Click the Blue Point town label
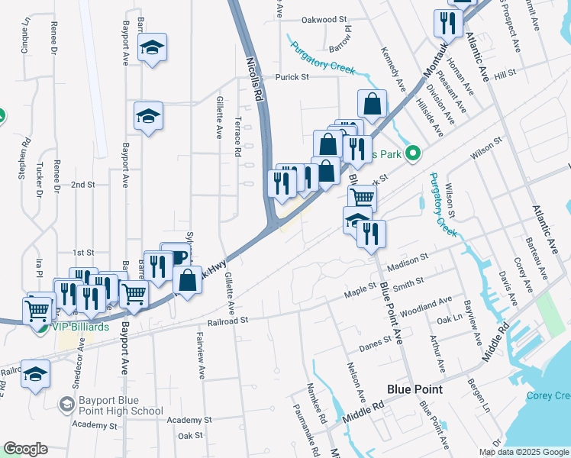coord(415,389)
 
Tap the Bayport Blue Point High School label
coord(122,405)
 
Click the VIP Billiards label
coord(80,327)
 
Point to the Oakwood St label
coord(324,19)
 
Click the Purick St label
coord(292,76)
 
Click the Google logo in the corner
coord(25,449)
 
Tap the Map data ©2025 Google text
coord(523,452)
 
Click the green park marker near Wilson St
coord(413,154)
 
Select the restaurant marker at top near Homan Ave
coord(447,22)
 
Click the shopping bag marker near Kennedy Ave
coord(372,104)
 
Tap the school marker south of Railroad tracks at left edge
coord(35,374)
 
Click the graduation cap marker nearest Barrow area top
coord(153,48)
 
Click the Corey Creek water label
coord(548,395)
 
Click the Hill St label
coord(505,74)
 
